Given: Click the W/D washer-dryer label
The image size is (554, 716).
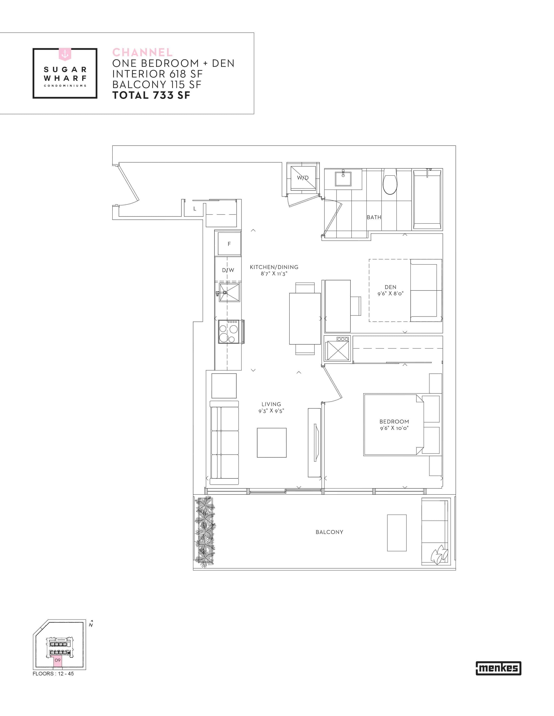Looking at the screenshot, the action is click(303, 178).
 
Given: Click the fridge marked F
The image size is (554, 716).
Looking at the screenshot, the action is click(229, 244).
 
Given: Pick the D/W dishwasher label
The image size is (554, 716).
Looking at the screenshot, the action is click(228, 270).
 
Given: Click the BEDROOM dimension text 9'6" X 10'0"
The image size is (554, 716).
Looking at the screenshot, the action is click(394, 428).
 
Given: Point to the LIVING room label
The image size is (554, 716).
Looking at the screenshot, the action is click(271, 404).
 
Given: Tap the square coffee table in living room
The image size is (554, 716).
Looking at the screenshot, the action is click(272, 443).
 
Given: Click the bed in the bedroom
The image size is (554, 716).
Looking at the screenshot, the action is click(393, 425).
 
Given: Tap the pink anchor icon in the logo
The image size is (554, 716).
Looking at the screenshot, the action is click(65, 54).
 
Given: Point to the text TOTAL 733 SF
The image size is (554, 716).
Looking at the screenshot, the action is click(151, 95).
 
